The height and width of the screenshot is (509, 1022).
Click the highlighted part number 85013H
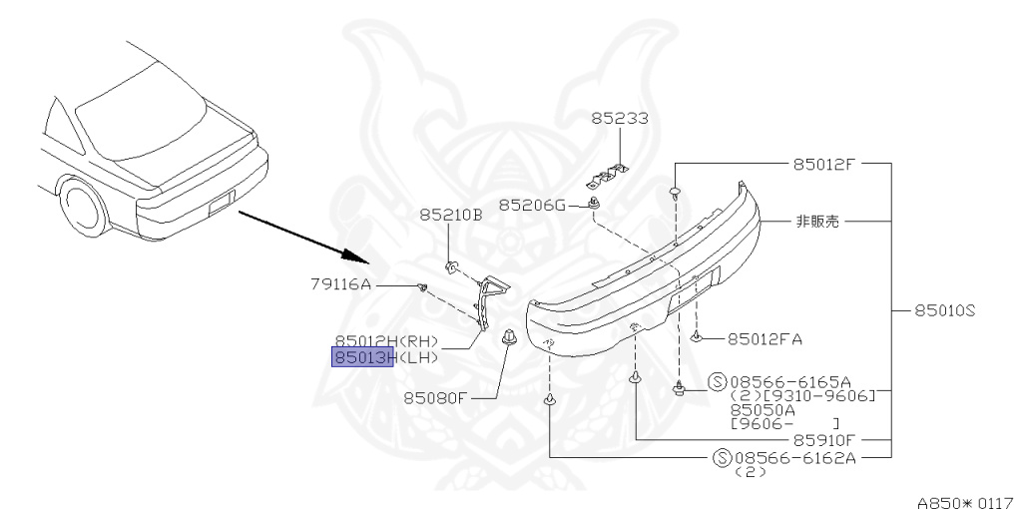[x=363, y=357]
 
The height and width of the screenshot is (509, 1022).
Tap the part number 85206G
[x=532, y=205]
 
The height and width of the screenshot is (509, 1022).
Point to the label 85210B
[x=450, y=215]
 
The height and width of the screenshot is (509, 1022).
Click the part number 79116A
[x=339, y=284]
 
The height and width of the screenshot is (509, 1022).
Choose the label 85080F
[x=436, y=397]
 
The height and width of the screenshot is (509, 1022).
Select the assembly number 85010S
[x=943, y=310]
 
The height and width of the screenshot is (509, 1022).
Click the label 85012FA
[x=766, y=338]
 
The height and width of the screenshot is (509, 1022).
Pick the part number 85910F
[x=823, y=439]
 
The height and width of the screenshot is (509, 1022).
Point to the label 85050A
[x=763, y=409]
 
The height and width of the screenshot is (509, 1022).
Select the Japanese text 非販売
[x=816, y=221]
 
